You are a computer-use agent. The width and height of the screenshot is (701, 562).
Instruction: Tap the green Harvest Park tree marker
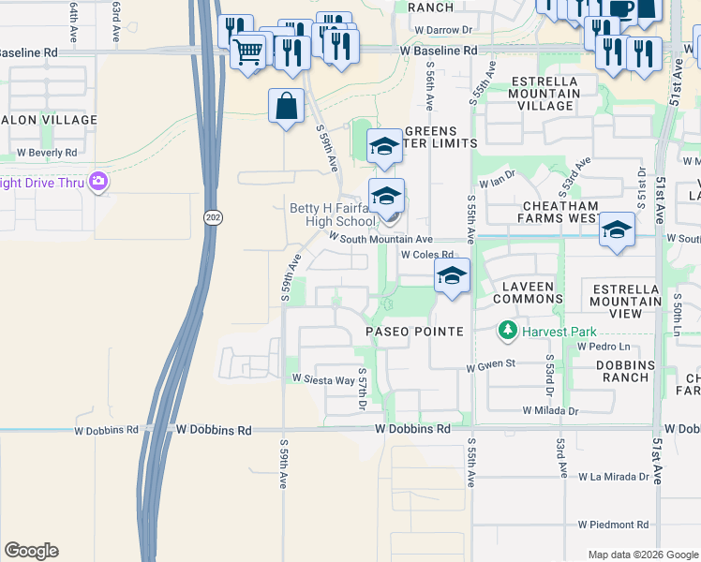point(507,330)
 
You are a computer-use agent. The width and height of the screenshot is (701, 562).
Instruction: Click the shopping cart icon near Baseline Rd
point(248,52)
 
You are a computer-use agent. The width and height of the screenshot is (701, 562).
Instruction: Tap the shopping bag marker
point(286,106)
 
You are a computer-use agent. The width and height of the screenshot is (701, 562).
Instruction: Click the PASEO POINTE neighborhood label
point(414,333)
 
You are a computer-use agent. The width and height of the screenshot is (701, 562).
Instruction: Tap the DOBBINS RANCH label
point(626,371)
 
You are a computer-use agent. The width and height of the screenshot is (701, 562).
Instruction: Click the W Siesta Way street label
point(323,379)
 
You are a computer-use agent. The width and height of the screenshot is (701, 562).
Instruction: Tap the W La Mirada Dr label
point(614,476)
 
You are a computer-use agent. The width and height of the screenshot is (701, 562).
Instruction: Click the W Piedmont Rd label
point(614,525)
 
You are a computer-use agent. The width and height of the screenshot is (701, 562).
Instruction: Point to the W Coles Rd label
point(426,254)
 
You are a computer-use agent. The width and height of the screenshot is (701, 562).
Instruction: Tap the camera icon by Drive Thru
point(97,181)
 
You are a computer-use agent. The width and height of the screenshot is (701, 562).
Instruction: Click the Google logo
point(31,551)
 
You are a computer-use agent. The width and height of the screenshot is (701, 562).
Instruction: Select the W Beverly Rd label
point(47,153)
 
